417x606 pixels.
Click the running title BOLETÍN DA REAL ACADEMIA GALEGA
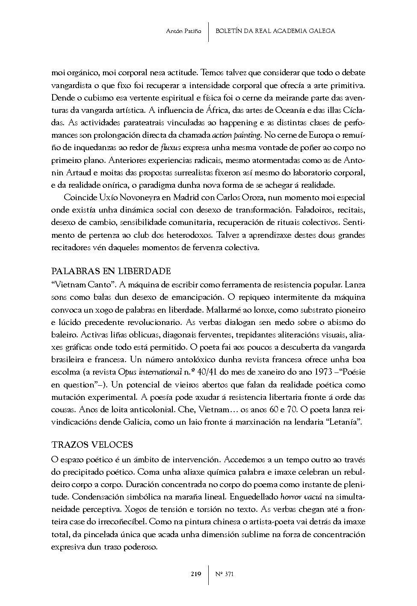tap(275, 31)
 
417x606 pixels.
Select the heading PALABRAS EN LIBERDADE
tap(111, 271)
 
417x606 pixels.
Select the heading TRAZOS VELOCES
tap(92, 445)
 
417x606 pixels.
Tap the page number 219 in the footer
tap(196, 574)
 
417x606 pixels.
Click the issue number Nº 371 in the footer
tap(225, 574)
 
